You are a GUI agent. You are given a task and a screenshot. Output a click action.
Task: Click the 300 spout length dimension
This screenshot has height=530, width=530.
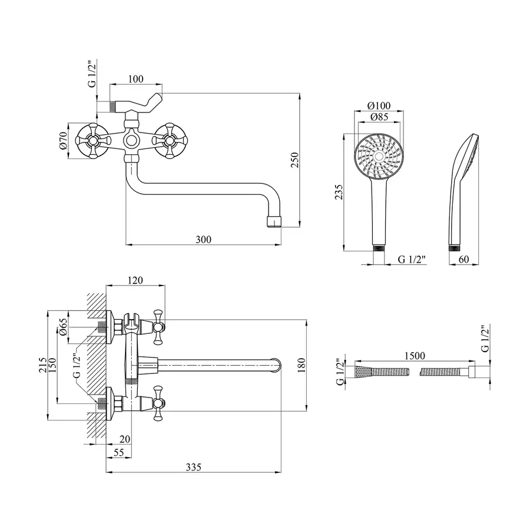coord(203,238)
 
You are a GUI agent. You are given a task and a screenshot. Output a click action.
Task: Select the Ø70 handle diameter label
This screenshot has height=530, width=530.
coord(63,141)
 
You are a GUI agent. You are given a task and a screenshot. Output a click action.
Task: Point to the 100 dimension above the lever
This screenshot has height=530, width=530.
coord(136,79)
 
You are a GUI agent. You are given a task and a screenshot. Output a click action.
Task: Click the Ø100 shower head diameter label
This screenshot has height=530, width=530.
coord(377,105)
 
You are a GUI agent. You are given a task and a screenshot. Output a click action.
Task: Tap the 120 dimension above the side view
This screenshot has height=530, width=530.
coord(136,281)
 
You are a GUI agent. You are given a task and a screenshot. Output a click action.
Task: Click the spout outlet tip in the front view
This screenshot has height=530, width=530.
coord(275,222)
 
